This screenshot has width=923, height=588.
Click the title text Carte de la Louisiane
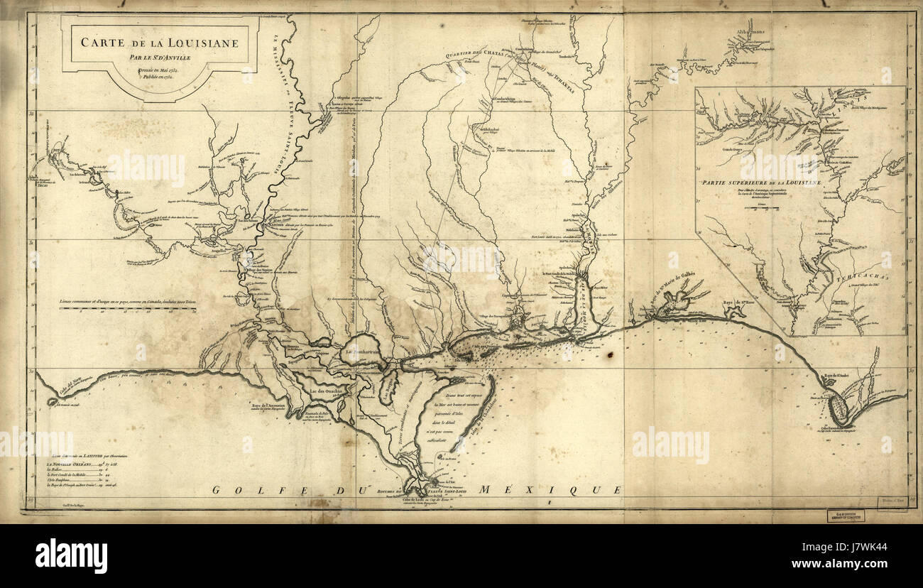pos(158,42)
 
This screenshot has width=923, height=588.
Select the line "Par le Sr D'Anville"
pos(158,57)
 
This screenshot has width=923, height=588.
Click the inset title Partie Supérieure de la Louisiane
pos(760,183)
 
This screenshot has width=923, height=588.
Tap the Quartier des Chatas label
pos(473,55)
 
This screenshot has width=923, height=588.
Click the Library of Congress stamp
pos(844,516)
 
